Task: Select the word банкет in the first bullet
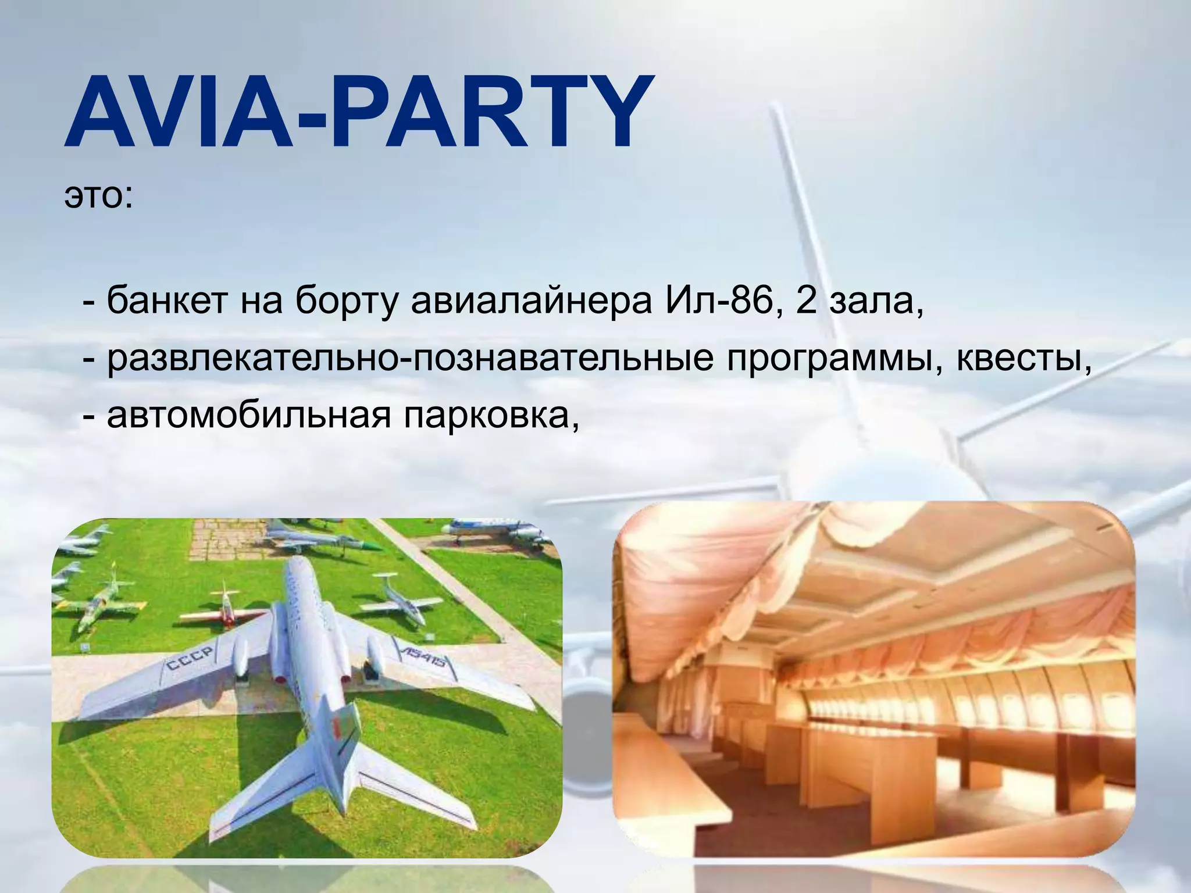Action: (166, 303)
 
